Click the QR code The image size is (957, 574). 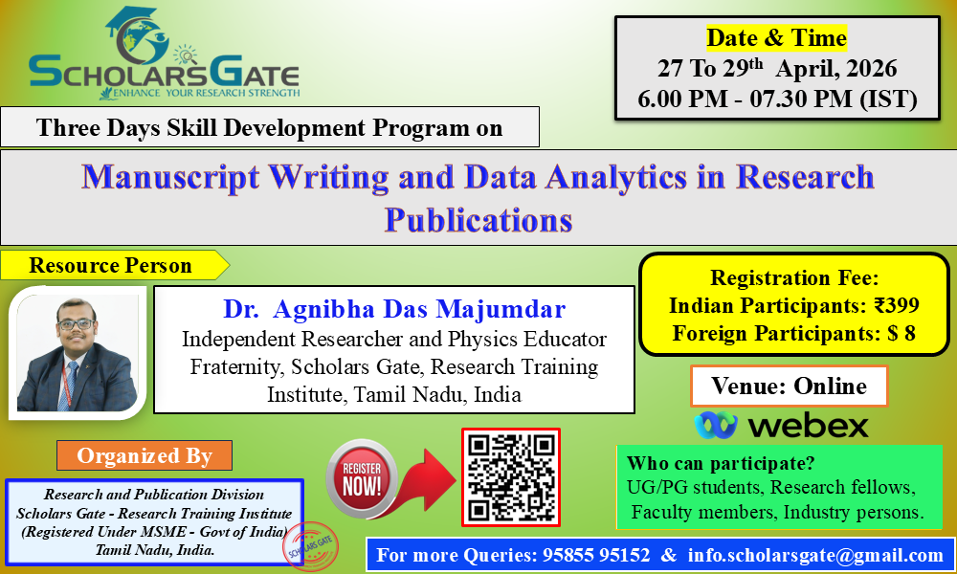[511, 477]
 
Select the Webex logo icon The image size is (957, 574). [716, 425]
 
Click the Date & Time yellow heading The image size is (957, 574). [776, 38]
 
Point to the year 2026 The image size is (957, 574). [872, 68]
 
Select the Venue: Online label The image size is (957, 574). [789, 386]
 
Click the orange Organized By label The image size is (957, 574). [145, 455]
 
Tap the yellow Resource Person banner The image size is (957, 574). [114, 265]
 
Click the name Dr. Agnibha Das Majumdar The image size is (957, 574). [394, 309]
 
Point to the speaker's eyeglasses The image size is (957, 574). [77, 324]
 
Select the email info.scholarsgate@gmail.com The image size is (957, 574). [815, 555]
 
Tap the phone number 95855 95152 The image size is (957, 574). [596, 555]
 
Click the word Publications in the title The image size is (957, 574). [478, 220]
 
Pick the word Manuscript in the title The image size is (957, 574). [171, 177]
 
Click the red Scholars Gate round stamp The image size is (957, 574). [310, 546]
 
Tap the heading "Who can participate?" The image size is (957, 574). [721, 464]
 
